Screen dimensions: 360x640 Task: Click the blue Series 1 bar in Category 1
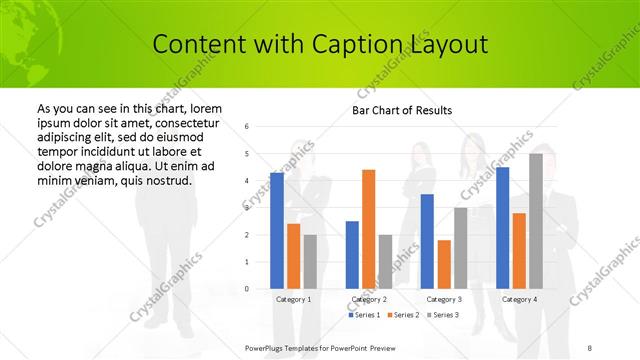click(x=277, y=230)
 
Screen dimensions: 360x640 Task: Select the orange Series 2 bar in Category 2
click(x=368, y=229)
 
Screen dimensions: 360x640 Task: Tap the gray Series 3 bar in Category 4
click(x=536, y=221)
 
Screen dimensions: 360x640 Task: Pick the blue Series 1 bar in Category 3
click(x=427, y=241)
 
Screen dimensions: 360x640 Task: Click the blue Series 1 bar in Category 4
click(x=502, y=228)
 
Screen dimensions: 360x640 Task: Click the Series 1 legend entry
click(x=363, y=315)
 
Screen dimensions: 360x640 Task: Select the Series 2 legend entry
click(x=404, y=315)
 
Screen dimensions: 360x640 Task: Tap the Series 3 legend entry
click(x=445, y=315)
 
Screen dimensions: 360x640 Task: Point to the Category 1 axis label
click(x=293, y=299)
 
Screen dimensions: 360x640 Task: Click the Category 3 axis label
click(x=444, y=299)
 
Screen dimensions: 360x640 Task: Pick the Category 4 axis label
click(x=519, y=299)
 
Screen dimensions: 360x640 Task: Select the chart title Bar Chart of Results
click(x=402, y=110)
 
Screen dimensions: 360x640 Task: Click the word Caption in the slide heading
click(x=358, y=45)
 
